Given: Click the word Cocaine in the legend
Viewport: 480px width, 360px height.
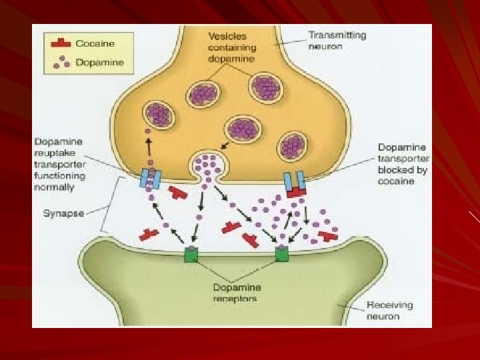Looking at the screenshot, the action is [95, 43].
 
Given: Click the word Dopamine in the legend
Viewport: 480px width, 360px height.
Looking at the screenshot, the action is [100, 63].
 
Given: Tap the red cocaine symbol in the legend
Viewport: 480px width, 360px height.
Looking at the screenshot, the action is [61, 43].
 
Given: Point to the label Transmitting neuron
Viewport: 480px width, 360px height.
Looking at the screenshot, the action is [337, 41].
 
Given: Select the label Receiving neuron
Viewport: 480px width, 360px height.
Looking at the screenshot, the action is [389, 311].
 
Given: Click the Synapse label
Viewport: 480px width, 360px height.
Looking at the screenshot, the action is [64, 213].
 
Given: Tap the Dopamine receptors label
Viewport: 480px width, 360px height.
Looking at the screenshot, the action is [237, 293].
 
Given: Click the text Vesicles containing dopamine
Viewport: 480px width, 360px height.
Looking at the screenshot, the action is [232, 47].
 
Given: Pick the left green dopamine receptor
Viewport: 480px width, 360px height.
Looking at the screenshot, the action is [191, 255].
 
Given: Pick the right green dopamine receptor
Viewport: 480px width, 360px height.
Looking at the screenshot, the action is [281, 254].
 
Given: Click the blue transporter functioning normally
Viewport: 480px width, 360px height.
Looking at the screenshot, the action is [150, 179].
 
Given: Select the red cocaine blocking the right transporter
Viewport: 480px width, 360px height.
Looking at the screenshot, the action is [296, 192].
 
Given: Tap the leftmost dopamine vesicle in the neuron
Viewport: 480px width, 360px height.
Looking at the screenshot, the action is [159, 115].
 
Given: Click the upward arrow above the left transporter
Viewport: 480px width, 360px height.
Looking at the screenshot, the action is [149, 147].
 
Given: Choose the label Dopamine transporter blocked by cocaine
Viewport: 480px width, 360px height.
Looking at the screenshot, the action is [403, 164].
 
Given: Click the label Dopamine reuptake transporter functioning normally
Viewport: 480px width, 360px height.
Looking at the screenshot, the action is [60, 165].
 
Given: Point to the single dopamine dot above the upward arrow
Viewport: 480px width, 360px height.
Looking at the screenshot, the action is [147, 131].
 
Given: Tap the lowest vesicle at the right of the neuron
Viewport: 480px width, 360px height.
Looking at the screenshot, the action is [292, 146].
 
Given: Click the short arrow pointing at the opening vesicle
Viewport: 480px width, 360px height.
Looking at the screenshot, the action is [225, 145].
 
